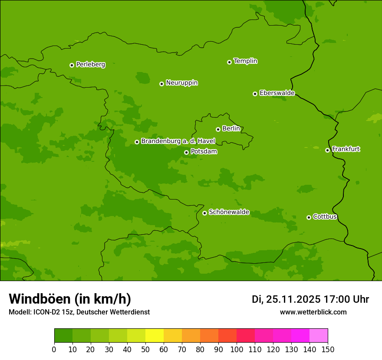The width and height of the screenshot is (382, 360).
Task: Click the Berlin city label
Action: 231,129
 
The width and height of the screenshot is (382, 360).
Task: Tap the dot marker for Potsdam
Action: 186,152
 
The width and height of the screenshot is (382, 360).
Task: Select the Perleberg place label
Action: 90,65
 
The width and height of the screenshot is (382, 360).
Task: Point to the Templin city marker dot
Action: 229,62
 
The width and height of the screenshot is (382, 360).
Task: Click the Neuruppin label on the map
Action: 181,83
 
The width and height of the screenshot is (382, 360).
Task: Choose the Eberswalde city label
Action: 277,93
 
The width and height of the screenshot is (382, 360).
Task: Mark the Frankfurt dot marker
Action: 327,150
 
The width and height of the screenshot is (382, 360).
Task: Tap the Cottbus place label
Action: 325,217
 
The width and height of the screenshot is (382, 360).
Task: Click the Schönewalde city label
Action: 229,212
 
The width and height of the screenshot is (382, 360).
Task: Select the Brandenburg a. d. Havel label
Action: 178,141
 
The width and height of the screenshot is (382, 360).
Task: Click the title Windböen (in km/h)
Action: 70,299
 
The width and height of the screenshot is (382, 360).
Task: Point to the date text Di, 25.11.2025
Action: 286,299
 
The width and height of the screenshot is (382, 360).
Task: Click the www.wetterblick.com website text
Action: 313,312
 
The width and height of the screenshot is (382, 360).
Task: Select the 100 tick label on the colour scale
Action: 237,349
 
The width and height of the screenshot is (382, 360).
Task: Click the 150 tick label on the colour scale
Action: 328,349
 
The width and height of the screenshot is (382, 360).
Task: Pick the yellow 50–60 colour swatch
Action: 155,336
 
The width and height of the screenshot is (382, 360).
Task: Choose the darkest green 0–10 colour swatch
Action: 63,336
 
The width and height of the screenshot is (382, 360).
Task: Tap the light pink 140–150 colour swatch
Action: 319,336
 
